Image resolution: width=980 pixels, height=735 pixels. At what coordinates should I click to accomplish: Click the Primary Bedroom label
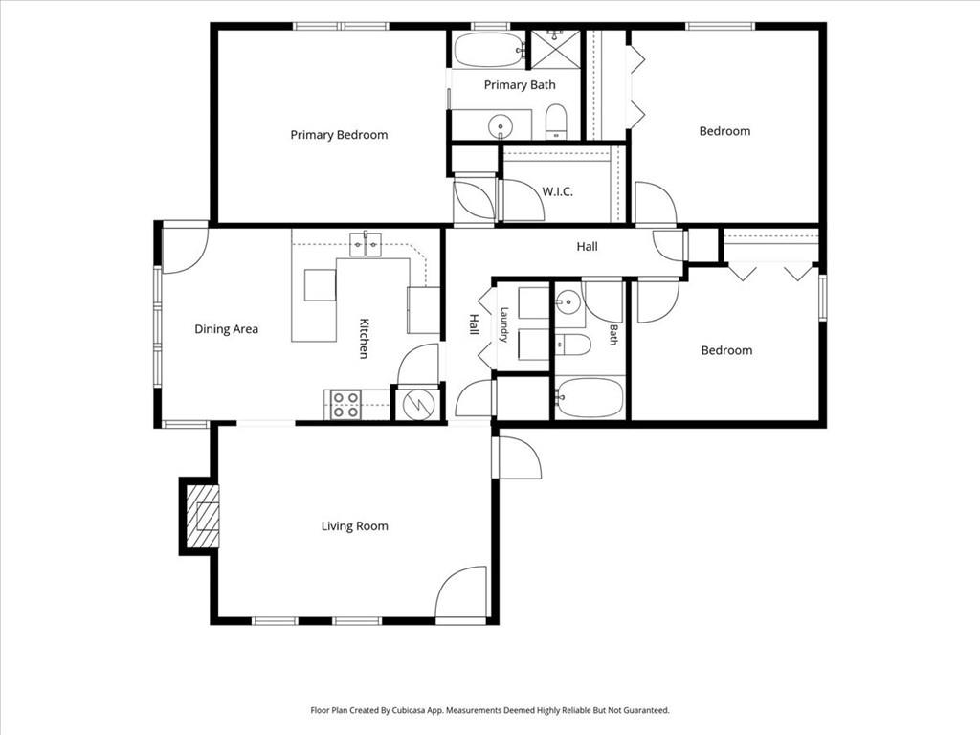coord(339,135)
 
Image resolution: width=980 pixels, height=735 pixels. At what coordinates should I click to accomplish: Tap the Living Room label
coord(354,526)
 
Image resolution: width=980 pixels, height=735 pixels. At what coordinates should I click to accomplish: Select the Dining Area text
coord(226,329)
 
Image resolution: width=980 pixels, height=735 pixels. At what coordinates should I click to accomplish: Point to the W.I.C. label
coord(557,191)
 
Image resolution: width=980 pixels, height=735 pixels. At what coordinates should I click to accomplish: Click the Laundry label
coord(503,324)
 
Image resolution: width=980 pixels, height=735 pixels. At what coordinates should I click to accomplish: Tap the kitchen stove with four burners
coord(345,405)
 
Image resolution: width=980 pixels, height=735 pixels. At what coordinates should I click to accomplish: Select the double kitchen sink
coord(366,244)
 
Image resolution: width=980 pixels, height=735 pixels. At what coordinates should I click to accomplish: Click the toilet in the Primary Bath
coord(556,122)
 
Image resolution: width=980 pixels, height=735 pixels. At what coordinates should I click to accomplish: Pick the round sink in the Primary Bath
coord(501,126)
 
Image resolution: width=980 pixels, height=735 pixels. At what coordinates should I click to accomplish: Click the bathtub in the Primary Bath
coord(489,50)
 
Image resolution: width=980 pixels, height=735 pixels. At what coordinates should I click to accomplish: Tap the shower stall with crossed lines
coord(556,48)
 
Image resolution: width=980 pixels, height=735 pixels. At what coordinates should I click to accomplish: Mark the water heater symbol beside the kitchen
coord(419,405)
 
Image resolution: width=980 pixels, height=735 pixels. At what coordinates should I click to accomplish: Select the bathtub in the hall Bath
coord(590,397)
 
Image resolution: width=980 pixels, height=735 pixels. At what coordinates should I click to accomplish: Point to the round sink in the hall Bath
coord(568,302)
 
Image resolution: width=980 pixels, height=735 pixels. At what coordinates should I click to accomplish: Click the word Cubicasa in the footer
coord(409,710)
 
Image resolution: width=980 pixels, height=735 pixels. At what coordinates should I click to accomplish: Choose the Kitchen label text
coord(364,338)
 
